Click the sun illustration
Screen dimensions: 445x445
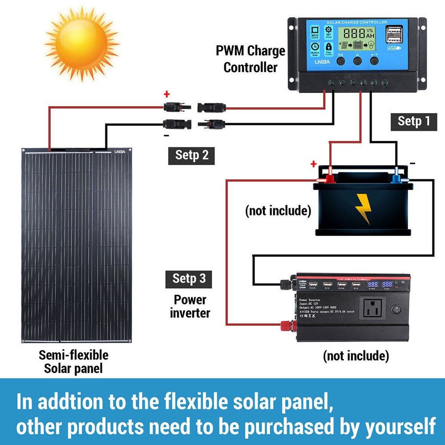(x=76, y=42)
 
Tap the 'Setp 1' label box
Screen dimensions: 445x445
(x=414, y=121)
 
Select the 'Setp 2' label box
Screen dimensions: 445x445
(x=191, y=155)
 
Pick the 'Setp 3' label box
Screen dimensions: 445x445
(x=189, y=279)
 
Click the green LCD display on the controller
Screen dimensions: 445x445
(x=356, y=39)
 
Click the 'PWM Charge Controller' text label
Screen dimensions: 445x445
(x=250, y=59)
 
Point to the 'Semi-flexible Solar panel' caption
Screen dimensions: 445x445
(x=73, y=362)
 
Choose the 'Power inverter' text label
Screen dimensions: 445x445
(x=190, y=306)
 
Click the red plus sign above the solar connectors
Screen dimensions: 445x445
(x=167, y=94)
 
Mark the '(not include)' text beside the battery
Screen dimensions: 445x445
(x=278, y=210)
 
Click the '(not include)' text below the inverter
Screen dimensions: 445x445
(x=356, y=356)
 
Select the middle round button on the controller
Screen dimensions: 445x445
(x=357, y=61)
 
